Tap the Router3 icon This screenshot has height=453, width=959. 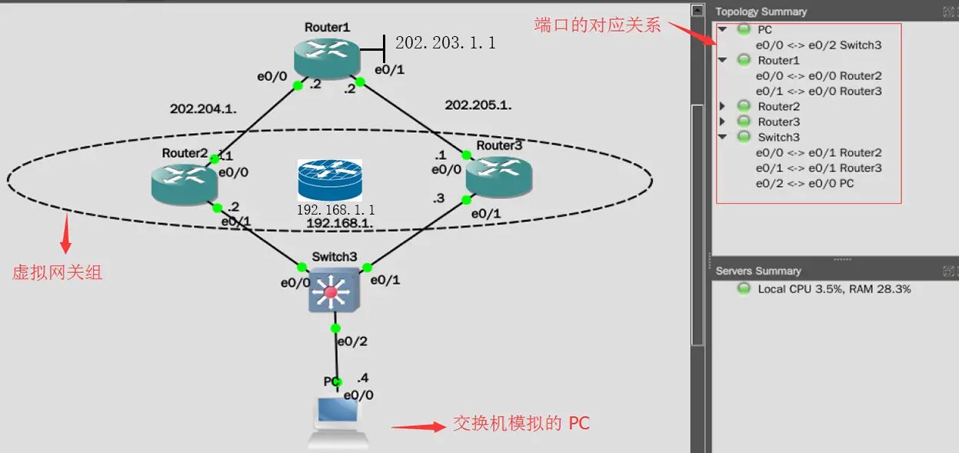tap(498, 175)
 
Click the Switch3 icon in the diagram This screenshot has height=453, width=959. tap(333, 291)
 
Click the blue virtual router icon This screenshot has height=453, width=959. tap(330, 180)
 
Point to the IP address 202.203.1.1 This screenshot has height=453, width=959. tap(445, 43)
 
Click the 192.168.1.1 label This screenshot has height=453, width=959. tap(336, 209)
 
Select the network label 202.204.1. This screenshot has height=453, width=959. tap(203, 109)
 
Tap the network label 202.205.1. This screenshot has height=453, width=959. tap(478, 105)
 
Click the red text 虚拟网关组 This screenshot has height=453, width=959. tap(57, 272)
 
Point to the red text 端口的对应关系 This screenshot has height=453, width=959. tap(598, 25)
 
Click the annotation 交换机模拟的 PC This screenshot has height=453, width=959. tap(521, 423)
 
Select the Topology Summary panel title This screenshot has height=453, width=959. tap(761, 12)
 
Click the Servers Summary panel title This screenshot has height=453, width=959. tap(758, 271)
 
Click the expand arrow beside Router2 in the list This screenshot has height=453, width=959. tap(722, 106)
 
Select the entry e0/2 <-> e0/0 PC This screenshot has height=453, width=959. tap(804, 183)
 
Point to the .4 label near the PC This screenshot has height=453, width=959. tap(363, 378)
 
